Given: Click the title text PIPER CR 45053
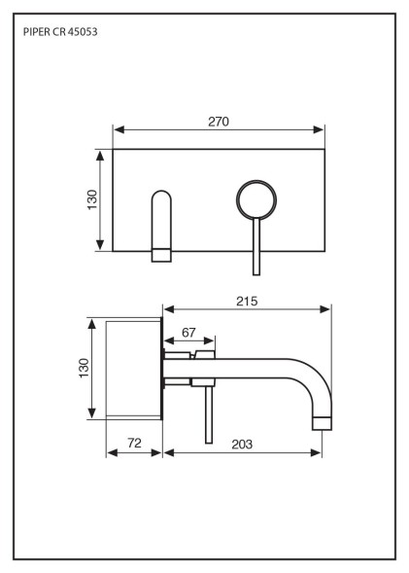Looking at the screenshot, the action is click(x=60, y=32).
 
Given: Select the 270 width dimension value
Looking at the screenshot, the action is click(x=219, y=122).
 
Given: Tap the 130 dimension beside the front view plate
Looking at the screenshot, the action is click(x=92, y=199).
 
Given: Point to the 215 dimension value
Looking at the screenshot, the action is click(x=247, y=302).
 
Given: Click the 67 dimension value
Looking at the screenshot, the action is click(x=188, y=333).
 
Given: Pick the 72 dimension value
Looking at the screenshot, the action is click(x=134, y=443).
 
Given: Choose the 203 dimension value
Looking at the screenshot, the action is click(x=242, y=444).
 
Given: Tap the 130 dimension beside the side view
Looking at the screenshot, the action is click(x=84, y=368).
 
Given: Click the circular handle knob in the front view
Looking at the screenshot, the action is click(x=256, y=199).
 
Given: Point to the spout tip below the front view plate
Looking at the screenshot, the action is click(x=161, y=256).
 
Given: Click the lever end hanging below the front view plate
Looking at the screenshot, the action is click(x=256, y=264).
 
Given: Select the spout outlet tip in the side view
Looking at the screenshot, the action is click(x=323, y=423).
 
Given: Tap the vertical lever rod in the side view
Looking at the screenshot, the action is click(x=209, y=414).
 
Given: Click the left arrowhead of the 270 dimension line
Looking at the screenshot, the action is click(x=119, y=129).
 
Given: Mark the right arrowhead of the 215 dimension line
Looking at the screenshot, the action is click(x=324, y=309).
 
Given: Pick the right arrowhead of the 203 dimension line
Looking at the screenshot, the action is click(x=316, y=453).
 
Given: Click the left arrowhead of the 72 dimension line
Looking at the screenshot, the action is click(x=113, y=453).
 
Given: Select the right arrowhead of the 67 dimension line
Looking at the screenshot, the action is click(x=209, y=340).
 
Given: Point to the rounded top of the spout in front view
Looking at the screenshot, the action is click(x=161, y=195).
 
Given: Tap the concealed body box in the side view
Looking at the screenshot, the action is click(x=133, y=369).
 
